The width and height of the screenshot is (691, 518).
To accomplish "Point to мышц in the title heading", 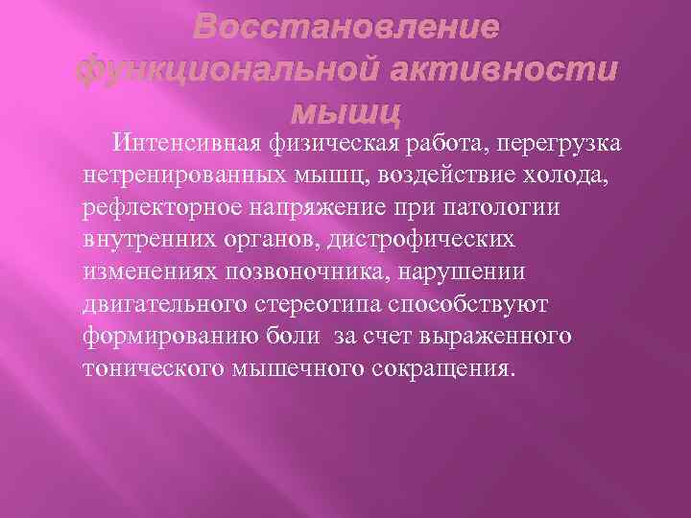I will [345, 112].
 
